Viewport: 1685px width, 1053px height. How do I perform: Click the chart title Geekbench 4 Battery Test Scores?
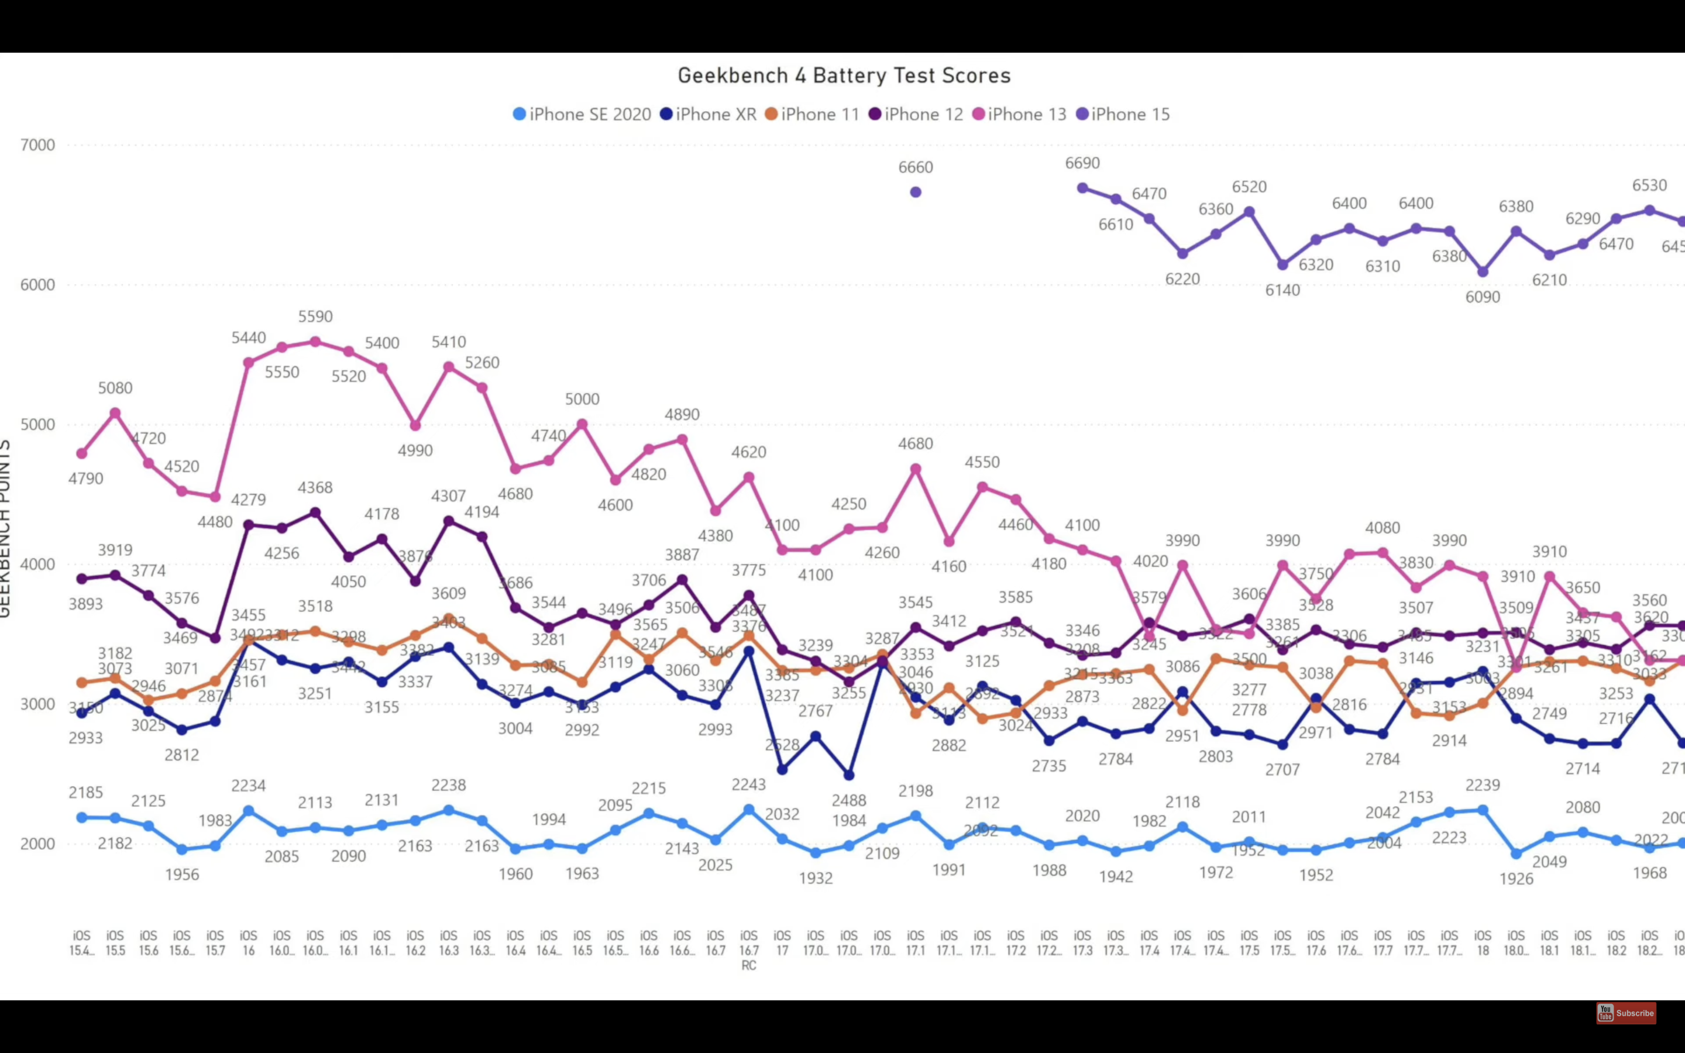point(844,75)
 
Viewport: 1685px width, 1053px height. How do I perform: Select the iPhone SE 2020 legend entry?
point(582,114)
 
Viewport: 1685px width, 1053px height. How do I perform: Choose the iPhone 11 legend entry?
point(812,114)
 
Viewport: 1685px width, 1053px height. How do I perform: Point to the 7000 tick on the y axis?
point(37,145)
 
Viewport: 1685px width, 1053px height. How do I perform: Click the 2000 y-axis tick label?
point(37,844)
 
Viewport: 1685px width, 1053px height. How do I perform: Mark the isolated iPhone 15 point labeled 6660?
point(916,192)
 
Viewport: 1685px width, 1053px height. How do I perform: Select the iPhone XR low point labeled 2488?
point(849,775)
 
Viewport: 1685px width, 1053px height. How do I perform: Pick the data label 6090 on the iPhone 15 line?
point(1483,297)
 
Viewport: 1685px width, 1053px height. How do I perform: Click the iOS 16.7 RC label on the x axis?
point(748,950)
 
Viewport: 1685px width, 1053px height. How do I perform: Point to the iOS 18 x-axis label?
point(1483,943)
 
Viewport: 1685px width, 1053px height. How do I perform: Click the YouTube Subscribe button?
point(1626,1013)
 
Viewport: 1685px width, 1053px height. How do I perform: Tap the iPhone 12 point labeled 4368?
point(315,512)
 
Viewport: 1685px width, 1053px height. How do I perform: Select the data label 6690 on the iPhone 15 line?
point(1083,163)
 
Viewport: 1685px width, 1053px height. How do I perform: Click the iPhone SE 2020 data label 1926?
point(1516,879)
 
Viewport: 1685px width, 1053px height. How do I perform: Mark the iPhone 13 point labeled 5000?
point(582,424)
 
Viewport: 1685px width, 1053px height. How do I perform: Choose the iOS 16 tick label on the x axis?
point(249,943)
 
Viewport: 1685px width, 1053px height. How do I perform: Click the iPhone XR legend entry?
point(708,114)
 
